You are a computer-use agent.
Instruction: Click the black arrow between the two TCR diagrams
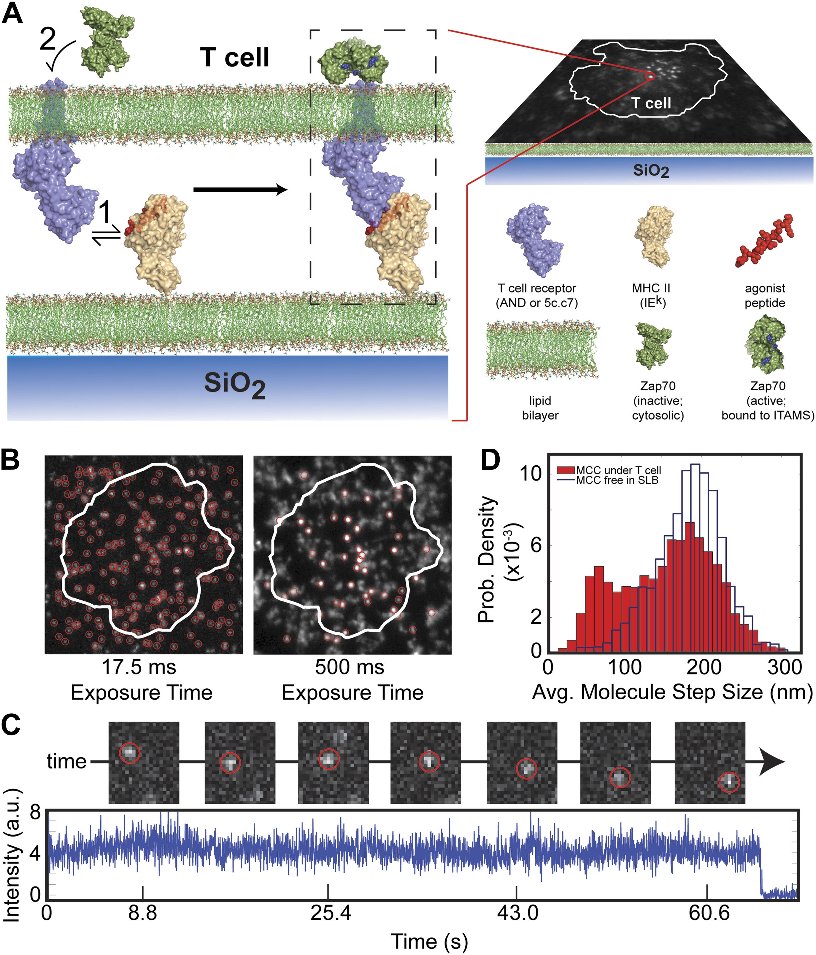[240, 190]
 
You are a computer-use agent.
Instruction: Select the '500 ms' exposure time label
[350, 667]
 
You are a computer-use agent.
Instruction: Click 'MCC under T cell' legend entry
[618, 470]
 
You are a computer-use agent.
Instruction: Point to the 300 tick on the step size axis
[784, 667]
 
